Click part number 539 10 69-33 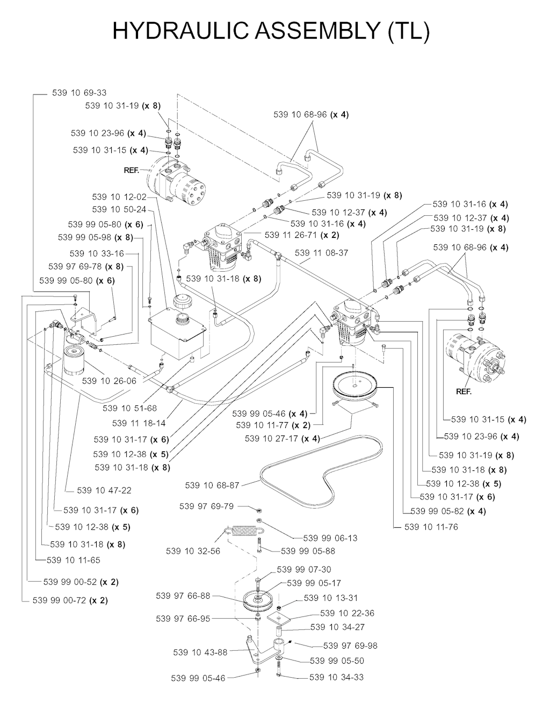(79, 93)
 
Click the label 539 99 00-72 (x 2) (70, 600)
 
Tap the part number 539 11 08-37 (321, 252)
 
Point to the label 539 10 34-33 (336, 677)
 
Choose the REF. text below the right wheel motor (464, 391)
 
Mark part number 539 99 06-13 (330, 538)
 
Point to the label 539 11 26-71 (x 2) (301, 235)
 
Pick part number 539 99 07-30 (303, 570)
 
